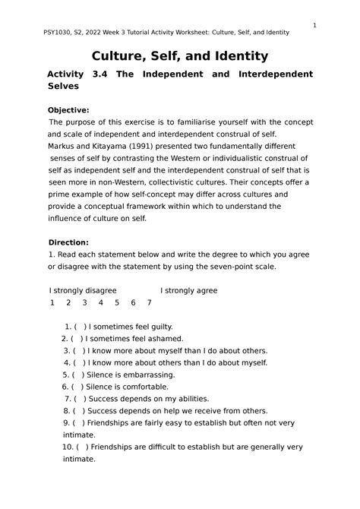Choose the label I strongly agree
coord(188,290)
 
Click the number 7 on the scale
coord(150,302)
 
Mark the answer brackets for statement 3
coord(78,351)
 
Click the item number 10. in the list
coord(68,447)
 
